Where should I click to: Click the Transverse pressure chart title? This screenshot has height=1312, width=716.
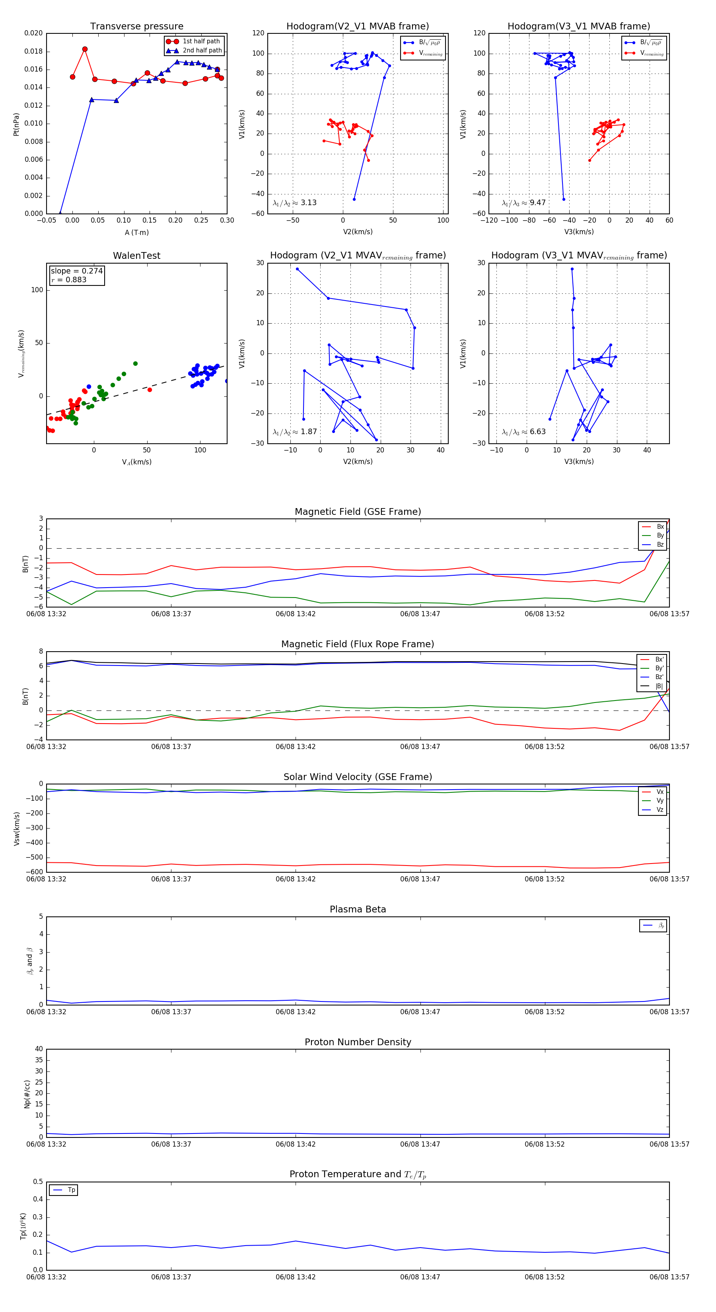pyautogui.click(x=136, y=27)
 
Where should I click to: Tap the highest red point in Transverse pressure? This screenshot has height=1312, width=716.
pyautogui.click(x=85, y=49)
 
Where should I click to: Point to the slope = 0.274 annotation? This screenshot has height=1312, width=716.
pyautogui.click(x=76, y=271)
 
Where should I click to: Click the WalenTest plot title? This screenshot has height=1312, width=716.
pyautogui.click(x=136, y=256)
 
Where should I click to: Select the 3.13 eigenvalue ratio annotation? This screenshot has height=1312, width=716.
pyautogui.click(x=308, y=203)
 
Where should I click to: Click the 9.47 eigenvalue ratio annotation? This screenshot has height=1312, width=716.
pyautogui.click(x=538, y=203)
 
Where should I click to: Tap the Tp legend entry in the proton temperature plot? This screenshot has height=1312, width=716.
pyautogui.click(x=71, y=1190)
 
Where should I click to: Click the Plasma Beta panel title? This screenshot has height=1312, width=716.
pyautogui.click(x=358, y=909)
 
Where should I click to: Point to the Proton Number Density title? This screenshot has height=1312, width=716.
pyautogui.click(x=358, y=1042)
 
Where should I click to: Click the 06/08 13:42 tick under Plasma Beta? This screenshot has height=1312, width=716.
pyautogui.click(x=296, y=1011)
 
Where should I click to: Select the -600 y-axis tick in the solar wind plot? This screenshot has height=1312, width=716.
pyautogui.click(x=35, y=872)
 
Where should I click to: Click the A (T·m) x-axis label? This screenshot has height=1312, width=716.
pyautogui.click(x=136, y=232)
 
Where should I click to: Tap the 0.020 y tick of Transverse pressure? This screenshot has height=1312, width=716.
pyautogui.click(x=34, y=33)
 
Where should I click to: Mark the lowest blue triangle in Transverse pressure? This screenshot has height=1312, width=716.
pyautogui.click(x=60, y=213)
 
